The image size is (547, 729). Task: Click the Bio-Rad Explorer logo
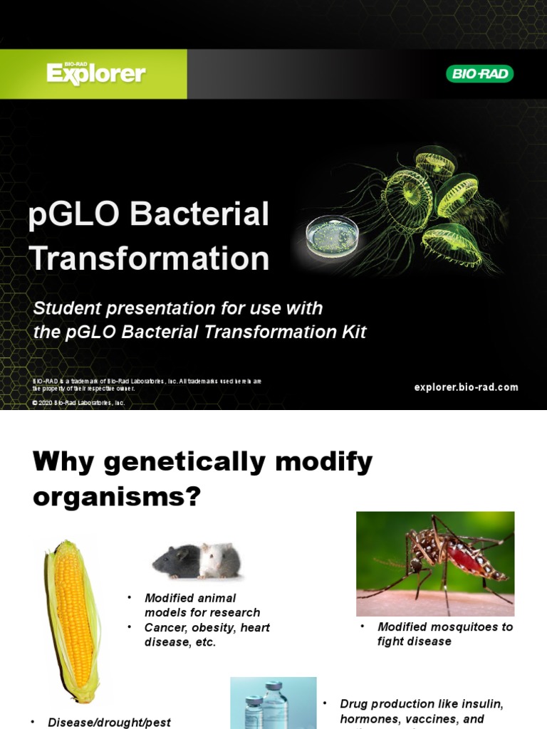[x=95, y=73]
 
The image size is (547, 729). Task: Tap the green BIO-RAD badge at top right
[x=479, y=73]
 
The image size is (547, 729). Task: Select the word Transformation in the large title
[x=150, y=258]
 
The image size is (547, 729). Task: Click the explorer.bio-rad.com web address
[x=466, y=387]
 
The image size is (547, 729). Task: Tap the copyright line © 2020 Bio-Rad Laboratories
[x=78, y=403]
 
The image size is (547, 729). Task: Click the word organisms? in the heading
[x=117, y=497]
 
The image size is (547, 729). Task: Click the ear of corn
[x=73, y=619]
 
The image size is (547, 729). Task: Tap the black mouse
[x=175, y=561]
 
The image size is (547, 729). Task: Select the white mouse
[x=219, y=561]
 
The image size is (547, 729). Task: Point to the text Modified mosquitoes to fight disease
[x=444, y=634]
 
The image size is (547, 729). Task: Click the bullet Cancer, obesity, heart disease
[x=207, y=635]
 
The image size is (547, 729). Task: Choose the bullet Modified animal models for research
[x=202, y=605]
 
